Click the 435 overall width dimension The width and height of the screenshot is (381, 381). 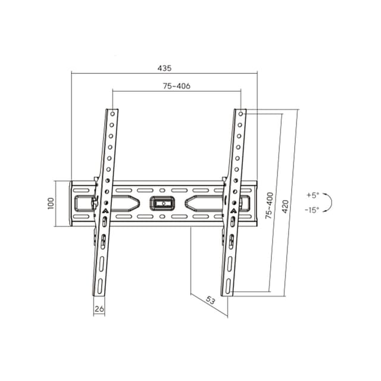point(164,68)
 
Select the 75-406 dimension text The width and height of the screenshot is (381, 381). point(177,86)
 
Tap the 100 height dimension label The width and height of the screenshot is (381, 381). point(50,204)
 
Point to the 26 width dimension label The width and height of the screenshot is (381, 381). point(99,309)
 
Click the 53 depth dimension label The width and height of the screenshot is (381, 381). point(210,301)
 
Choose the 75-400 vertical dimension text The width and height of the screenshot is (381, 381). point(270,205)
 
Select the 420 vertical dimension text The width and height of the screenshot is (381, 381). point(285,207)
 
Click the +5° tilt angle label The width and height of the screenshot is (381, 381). point(313,195)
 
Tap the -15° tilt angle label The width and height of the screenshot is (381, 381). point(312,210)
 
